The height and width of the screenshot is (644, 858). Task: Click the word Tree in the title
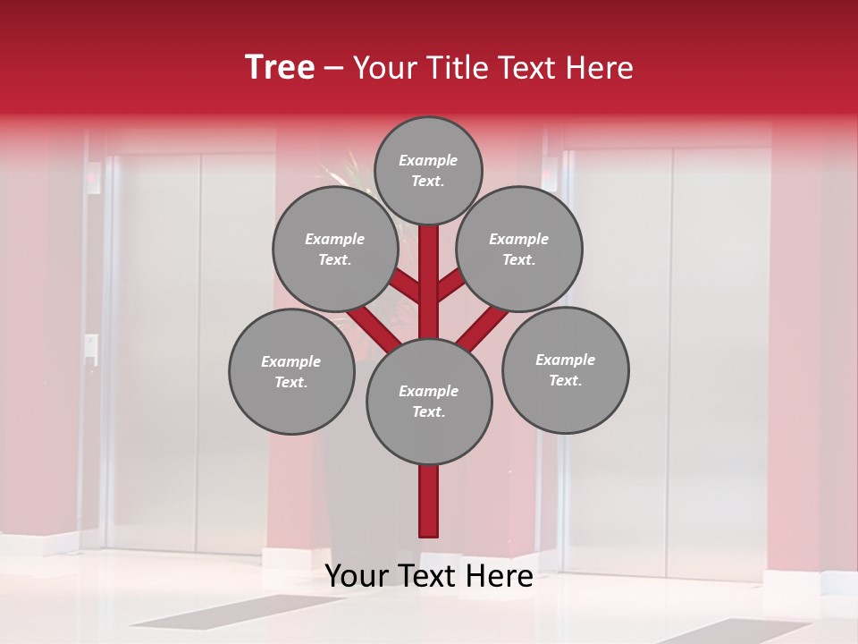coord(280,68)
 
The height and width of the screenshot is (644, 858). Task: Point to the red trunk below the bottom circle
coord(429,501)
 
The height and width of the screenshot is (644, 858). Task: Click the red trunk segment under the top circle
coord(429,277)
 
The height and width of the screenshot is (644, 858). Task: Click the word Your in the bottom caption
coord(357,576)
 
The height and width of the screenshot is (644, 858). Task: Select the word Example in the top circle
coord(428,161)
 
